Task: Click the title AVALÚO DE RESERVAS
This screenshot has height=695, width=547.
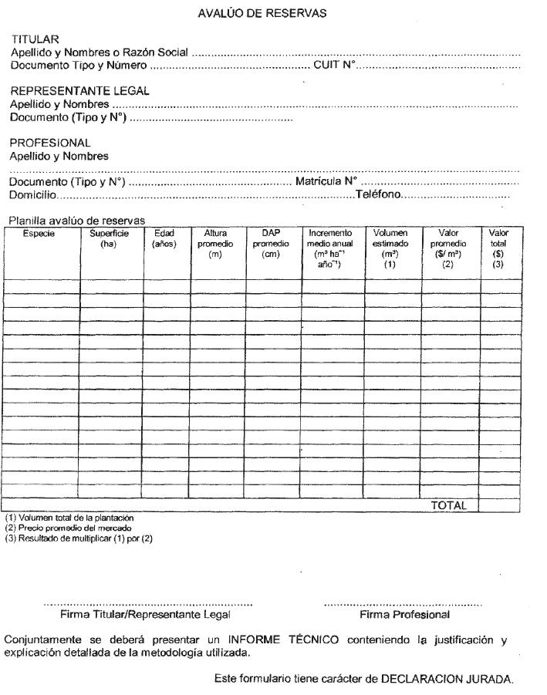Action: point(262,13)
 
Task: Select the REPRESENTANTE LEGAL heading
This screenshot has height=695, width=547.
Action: point(79,91)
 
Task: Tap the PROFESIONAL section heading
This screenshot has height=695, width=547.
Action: point(49,143)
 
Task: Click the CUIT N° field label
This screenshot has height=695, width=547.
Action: point(333,66)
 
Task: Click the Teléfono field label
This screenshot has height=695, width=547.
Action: point(378,195)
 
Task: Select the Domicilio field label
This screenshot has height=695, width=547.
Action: point(32,195)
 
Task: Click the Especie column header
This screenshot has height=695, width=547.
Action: point(39,233)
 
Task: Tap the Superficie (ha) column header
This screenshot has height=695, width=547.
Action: point(109,238)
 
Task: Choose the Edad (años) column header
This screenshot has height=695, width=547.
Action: point(164,238)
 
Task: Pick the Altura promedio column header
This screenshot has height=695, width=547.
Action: point(215,244)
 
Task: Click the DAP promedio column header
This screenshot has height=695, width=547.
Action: point(270,244)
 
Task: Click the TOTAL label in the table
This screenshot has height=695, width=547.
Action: point(448,506)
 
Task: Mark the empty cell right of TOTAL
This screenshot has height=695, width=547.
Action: point(498,506)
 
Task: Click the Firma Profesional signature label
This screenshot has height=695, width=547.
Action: point(404,616)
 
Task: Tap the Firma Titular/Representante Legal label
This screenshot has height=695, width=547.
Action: point(145,616)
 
